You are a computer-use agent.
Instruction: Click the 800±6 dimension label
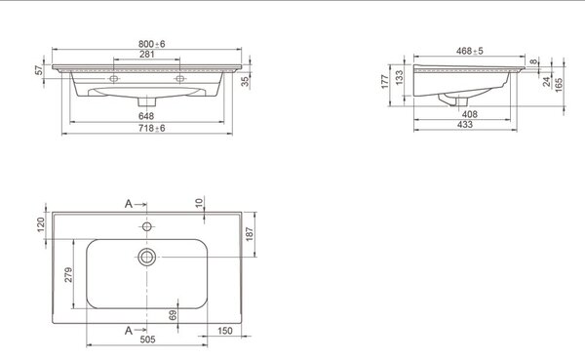tap(151, 44)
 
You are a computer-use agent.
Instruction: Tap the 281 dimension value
tap(147, 54)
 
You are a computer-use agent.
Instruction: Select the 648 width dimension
tap(146, 116)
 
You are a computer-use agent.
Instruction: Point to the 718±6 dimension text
tap(151, 128)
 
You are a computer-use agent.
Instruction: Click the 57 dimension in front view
tap(39, 70)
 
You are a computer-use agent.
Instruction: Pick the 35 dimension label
tap(245, 81)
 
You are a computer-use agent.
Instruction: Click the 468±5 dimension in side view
tap(469, 51)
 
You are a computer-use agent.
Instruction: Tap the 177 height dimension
tap(385, 81)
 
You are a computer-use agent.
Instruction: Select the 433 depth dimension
tap(465, 124)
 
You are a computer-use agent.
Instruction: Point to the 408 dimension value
tap(469, 114)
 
